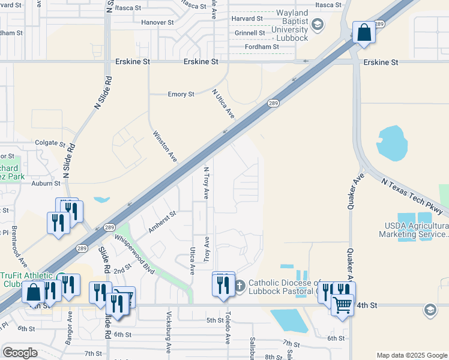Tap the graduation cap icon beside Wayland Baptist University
(x=318, y=25)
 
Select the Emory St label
(x=181, y=94)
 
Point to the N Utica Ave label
(x=223, y=104)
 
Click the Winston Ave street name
(x=164, y=146)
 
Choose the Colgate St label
(x=50, y=144)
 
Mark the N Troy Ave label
(x=206, y=183)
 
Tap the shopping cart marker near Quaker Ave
(x=342, y=305)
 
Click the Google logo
(x=20, y=353)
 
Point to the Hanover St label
(x=157, y=22)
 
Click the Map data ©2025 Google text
(x=411, y=355)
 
